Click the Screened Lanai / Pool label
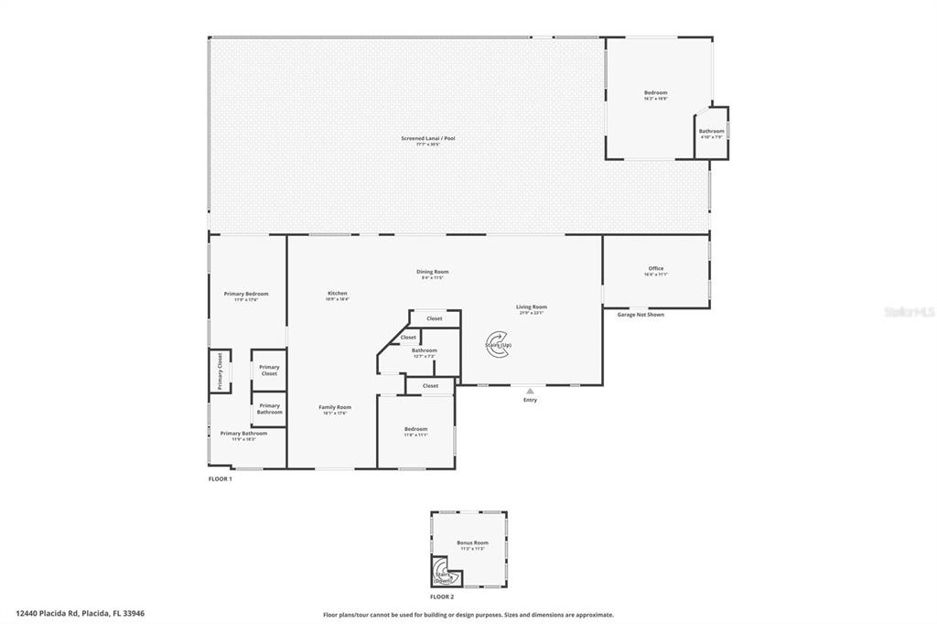[427, 139]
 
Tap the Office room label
[655, 269]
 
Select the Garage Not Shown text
[641, 314]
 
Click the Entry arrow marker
[530, 391]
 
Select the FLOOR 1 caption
[221, 479]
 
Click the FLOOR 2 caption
[468, 597]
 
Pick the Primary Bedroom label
[246, 295]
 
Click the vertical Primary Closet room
[220, 371]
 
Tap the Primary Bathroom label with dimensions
[243, 435]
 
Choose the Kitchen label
[338, 295]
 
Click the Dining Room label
[433, 272]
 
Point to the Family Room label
[335, 408]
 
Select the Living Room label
[531, 307]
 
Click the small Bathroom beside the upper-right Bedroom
[711, 133]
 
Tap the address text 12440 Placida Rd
[80, 613]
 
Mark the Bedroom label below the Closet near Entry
[415, 429]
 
